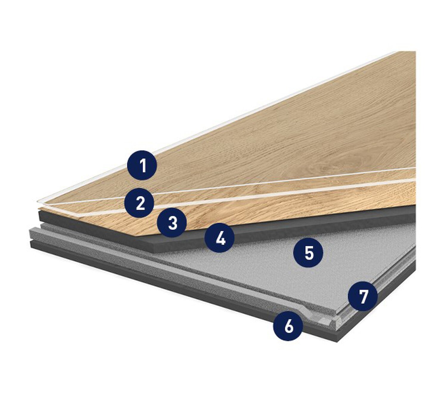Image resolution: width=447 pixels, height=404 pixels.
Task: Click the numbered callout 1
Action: [142, 166]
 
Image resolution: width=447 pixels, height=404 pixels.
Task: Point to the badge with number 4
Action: [220, 238]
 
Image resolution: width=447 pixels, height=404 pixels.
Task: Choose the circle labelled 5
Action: [308, 253]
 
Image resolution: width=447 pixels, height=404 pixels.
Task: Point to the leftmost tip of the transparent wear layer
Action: [38, 201]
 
